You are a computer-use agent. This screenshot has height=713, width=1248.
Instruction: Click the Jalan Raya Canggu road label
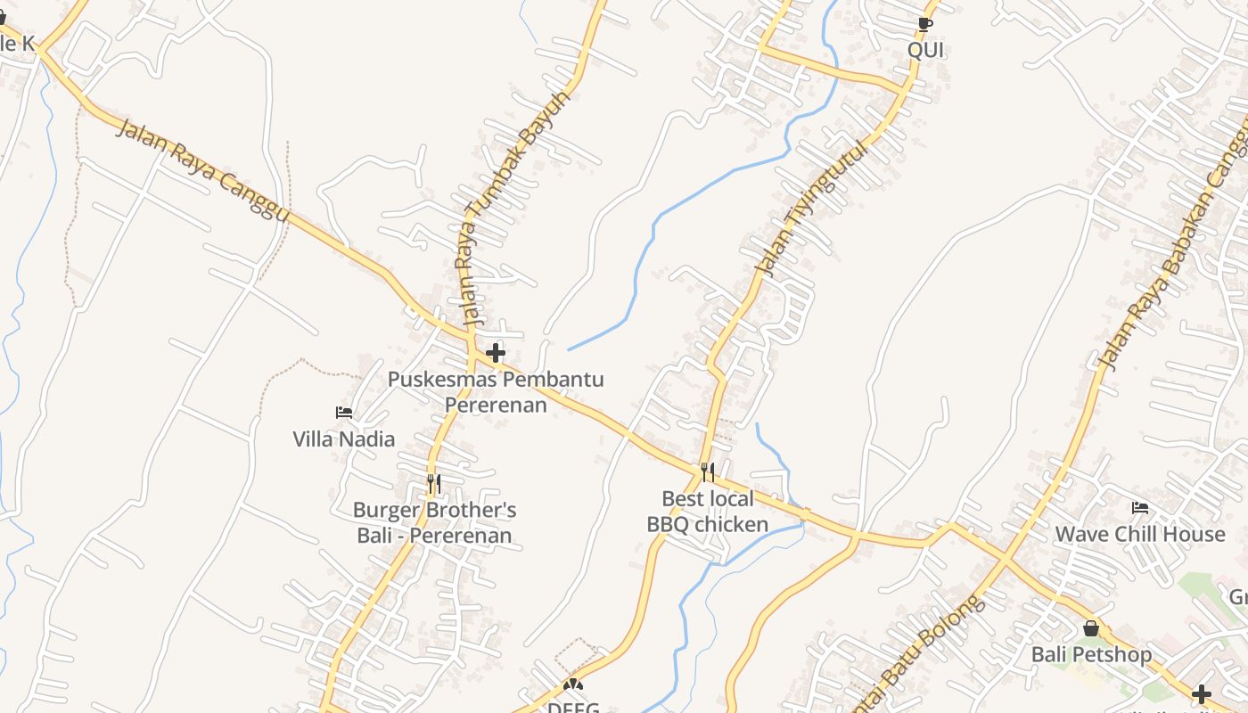pos(203,169)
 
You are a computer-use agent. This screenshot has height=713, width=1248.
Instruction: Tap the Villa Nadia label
pos(343,438)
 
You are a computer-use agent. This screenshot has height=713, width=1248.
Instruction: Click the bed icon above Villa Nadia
pos(344,413)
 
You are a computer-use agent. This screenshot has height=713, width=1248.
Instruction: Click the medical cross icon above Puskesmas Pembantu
pos(496,353)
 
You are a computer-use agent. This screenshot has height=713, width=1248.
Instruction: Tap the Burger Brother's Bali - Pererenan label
pos(434,522)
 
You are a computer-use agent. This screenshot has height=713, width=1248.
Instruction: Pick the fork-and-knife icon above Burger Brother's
pos(434,484)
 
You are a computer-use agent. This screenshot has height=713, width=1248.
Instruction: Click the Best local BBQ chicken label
pos(708,511)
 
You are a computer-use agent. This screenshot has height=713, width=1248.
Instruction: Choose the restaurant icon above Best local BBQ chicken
pos(708,471)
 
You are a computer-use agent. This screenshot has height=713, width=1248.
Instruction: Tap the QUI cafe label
pos(925,50)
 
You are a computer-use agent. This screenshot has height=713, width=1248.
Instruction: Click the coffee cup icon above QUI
pos(925,24)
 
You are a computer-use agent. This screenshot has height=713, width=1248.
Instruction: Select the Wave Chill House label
pos(1140,534)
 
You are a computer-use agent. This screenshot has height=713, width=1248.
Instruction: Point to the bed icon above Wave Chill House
pos(1140,509)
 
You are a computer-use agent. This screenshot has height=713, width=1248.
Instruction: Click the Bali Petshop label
pos(1091,654)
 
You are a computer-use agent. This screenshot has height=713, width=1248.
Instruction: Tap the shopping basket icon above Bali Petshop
pos(1091,628)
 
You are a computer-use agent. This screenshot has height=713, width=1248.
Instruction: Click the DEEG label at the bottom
pos(573,706)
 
